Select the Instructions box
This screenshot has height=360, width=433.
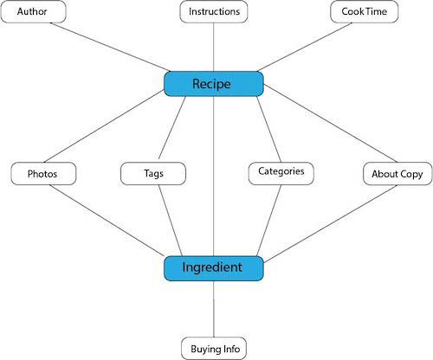coord(215,12)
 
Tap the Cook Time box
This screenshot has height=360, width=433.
coord(364,12)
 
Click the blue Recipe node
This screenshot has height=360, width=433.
coord(213,83)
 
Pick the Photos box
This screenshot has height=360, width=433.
coord(42,173)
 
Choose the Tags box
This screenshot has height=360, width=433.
coord(153,173)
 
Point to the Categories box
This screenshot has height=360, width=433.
coord(281,171)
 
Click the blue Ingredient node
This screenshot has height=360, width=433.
coord(213,268)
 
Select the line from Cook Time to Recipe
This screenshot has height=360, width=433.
coord(303,48)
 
